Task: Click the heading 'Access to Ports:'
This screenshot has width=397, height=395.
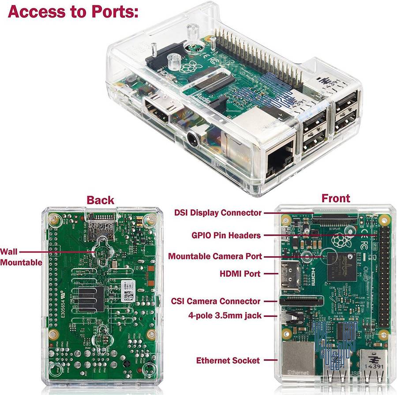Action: (73, 11)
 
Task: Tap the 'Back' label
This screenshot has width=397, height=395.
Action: (100, 200)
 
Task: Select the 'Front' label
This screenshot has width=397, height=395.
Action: (336, 198)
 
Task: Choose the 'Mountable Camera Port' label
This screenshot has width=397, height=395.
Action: (215, 256)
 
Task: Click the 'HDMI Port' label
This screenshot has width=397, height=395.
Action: (240, 274)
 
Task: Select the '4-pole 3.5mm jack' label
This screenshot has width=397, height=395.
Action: (223, 316)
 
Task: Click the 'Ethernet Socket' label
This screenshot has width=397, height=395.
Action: (228, 361)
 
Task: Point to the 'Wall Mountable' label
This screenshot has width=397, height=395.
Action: (20, 257)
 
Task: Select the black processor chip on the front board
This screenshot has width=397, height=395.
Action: (340, 265)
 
